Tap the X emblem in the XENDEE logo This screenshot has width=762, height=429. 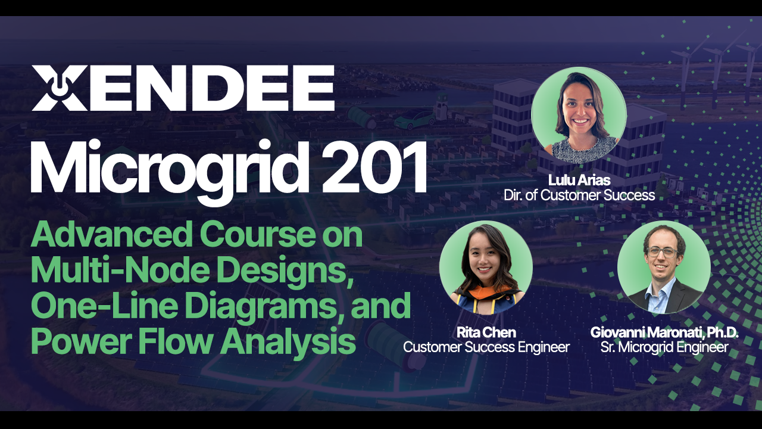pyautogui.click(x=58, y=88)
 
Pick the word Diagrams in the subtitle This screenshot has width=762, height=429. pyautogui.click(x=271, y=305)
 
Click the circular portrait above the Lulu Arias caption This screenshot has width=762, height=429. pyautogui.click(x=579, y=114)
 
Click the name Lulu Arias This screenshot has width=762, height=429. pyautogui.click(x=579, y=180)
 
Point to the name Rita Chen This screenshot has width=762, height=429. pyautogui.click(x=486, y=332)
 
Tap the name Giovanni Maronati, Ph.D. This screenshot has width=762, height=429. pyautogui.click(x=664, y=332)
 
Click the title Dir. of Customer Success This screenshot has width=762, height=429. pyautogui.click(x=579, y=195)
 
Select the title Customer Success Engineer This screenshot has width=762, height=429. pyautogui.click(x=486, y=347)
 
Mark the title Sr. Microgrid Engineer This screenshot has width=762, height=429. pyautogui.click(x=664, y=347)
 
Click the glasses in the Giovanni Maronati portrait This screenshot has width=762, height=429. pyautogui.click(x=662, y=251)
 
